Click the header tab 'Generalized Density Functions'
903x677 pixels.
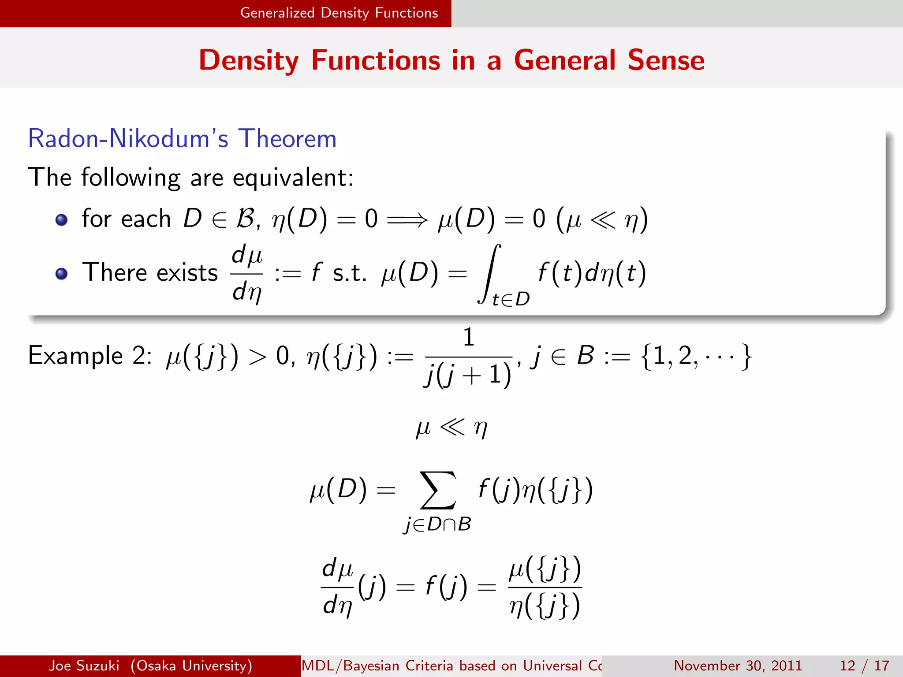coord(339,13)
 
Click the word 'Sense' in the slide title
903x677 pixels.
coord(666,60)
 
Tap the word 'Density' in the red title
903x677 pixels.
coord(249,61)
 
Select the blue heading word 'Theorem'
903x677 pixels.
coord(287,139)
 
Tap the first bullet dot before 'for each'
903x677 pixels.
coord(62,219)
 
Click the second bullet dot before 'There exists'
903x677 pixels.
coord(62,274)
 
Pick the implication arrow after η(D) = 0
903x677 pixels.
coord(407,219)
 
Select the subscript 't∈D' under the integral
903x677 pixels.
coord(511,300)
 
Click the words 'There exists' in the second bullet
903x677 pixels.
coord(150,273)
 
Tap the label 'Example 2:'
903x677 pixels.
coord(90,356)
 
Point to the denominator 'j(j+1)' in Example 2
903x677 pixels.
coord(468,375)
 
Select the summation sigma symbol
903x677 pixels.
coord(438,490)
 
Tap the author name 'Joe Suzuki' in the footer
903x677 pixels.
coord(84,666)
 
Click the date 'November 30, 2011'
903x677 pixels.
coord(738,666)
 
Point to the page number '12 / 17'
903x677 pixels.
coord(864,666)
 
